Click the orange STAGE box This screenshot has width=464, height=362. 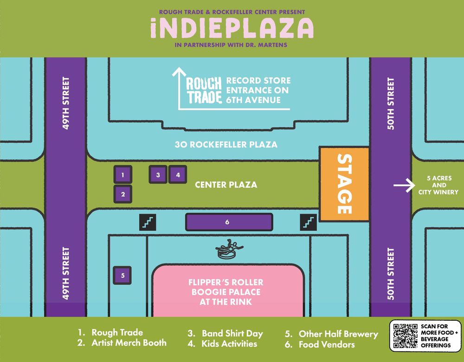pyautogui.click(x=344, y=184)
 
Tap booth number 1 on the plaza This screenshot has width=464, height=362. pyautogui.click(x=123, y=175)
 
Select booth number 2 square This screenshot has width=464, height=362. pyautogui.click(x=123, y=194)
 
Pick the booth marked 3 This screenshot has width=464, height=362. pyautogui.click(x=158, y=175)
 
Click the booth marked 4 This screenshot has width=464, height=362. pyautogui.click(x=178, y=175)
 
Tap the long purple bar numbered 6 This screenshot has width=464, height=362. pyautogui.click(x=227, y=222)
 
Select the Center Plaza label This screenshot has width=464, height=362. pyautogui.click(x=226, y=185)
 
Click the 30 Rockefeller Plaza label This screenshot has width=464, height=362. pyautogui.click(x=226, y=145)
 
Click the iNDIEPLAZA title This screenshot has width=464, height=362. pyautogui.click(x=232, y=29)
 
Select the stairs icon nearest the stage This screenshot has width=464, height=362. pyautogui.click(x=309, y=222)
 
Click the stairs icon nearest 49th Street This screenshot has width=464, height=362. pyautogui.click(x=148, y=222)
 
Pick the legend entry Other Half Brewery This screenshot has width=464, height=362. pyautogui.click(x=338, y=334)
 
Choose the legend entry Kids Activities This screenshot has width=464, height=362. pyautogui.click(x=229, y=344)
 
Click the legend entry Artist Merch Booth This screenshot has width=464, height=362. pyautogui.click(x=129, y=343)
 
